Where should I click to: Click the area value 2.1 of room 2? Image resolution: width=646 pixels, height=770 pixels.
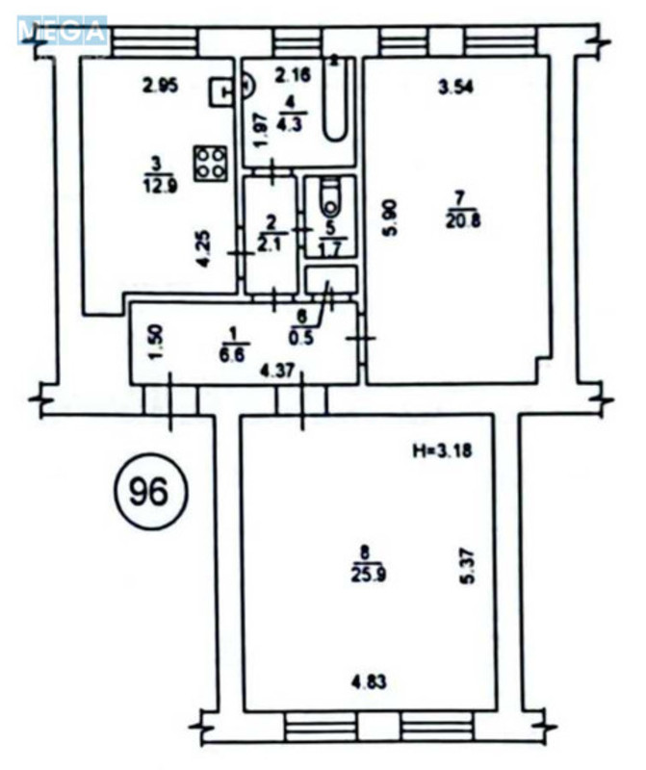click(x=271, y=239)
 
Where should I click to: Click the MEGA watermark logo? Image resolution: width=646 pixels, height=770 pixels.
click(x=60, y=29)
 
